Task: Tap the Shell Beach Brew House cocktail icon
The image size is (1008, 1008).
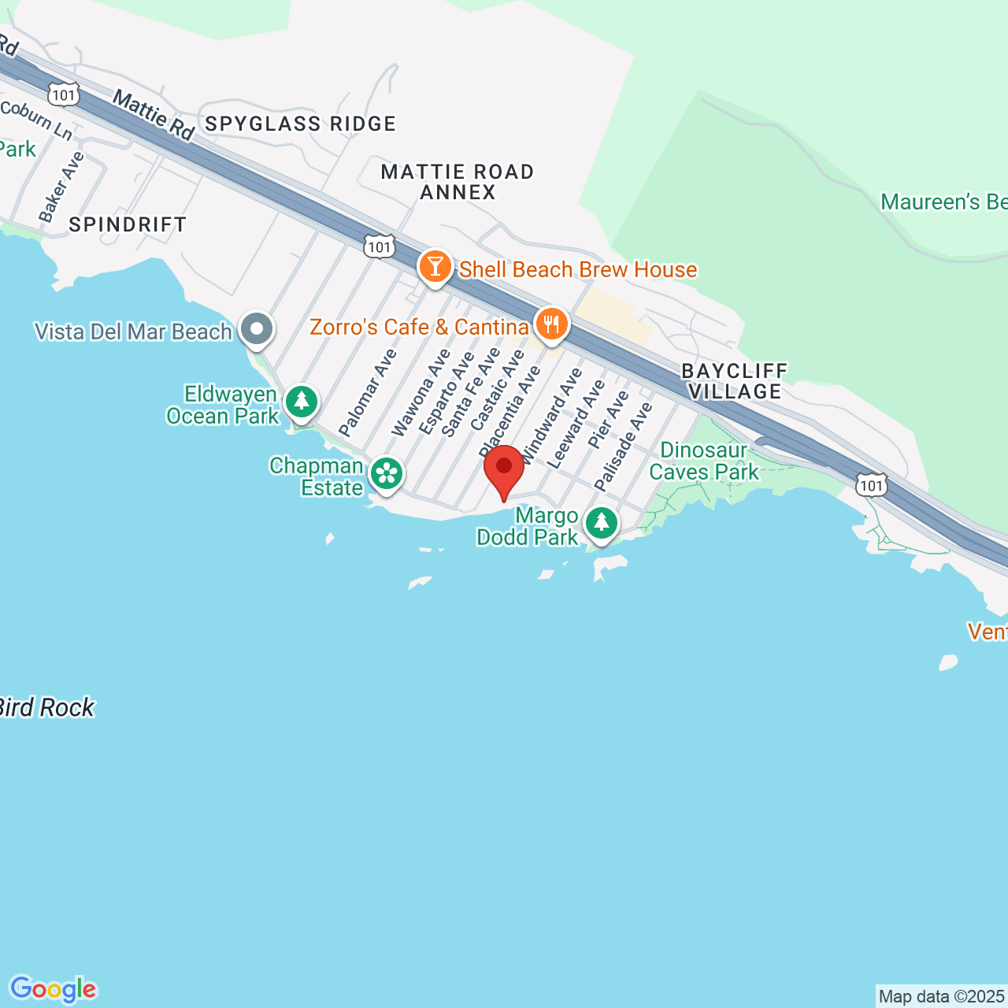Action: click(435, 266)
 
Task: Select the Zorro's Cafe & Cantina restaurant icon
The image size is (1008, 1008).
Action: click(552, 324)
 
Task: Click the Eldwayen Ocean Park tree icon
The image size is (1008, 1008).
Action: click(301, 402)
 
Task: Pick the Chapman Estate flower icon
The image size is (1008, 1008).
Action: click(386, 474)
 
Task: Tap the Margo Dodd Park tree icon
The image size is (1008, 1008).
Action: click(602, 522)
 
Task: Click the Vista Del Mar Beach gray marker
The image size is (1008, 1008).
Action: click(257, 328)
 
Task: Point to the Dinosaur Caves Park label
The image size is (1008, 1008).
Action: click(704, 461)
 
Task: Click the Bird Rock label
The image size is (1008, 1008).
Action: click(47, 708)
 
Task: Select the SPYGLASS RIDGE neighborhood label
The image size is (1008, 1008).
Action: click(300, 124)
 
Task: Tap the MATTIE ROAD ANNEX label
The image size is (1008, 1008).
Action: click(458, 182)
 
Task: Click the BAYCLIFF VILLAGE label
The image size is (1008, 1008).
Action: click(735, 381)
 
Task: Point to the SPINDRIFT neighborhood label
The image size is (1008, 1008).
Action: click(128, 224)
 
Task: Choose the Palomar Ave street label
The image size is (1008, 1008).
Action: click(368, 392)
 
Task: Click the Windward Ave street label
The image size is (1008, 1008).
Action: click(552, 415)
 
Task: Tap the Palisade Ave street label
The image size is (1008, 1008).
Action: click(624, 447)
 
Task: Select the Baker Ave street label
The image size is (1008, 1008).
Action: click(61, 187)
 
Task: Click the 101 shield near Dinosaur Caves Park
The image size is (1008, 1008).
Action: click(872, 485)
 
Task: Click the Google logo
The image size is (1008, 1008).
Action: click(53, 989)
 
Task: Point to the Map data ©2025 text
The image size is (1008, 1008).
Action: click(942, 996)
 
